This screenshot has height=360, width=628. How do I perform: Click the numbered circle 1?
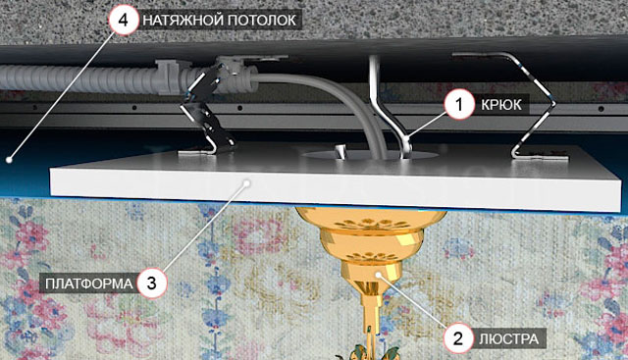click(459, 104)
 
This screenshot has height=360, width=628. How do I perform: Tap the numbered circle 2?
click(458, 338)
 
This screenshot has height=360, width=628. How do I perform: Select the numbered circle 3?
click(151, 283)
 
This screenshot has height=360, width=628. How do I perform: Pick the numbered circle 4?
click(123, 20)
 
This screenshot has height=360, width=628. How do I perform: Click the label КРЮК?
click(501, 105)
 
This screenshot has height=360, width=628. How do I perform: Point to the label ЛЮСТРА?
click(509, 339)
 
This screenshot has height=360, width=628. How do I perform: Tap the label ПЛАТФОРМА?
click(88, 283)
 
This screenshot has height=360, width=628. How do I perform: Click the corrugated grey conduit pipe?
click(80, 78)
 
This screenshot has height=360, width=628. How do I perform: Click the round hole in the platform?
click(369, 155)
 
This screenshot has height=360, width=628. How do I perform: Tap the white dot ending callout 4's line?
click(8, 159)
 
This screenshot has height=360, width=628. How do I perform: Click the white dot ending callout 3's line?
click(247, 183)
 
